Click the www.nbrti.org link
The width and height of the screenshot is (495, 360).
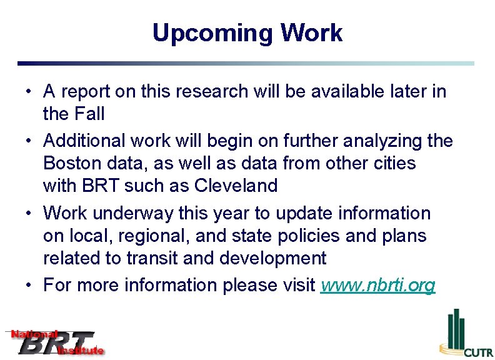(x=377, y=285)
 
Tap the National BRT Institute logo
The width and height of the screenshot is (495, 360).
(x=55, y=342)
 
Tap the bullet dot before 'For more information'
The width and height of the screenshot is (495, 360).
(x=29, y=286)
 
